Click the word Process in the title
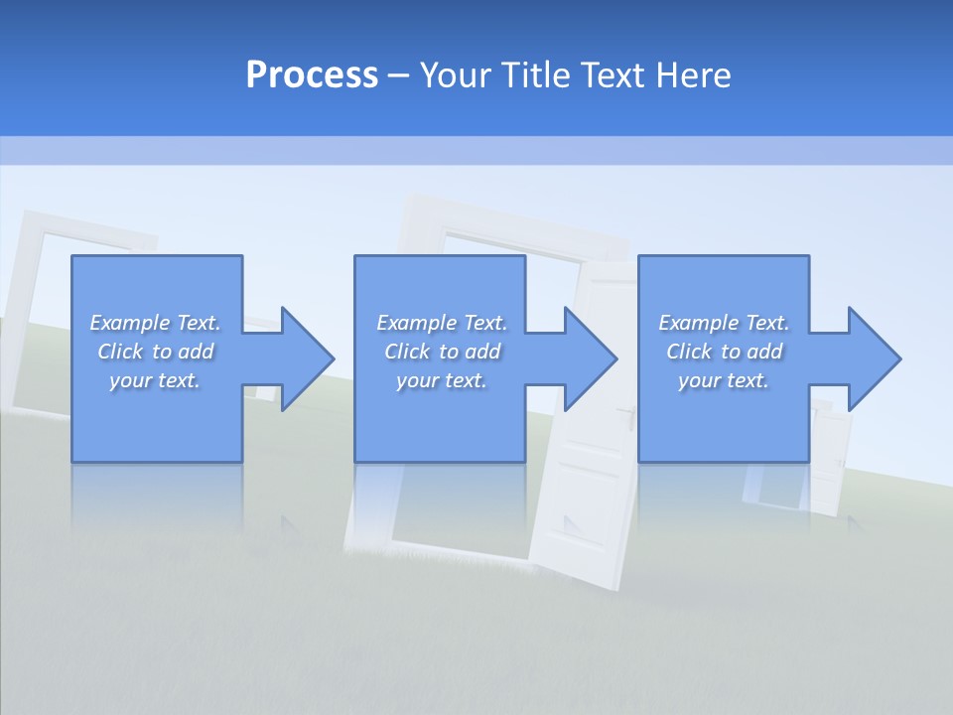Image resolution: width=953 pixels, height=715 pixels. tap(312, 75)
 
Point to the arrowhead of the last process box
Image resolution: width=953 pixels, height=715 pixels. tap(873, 358)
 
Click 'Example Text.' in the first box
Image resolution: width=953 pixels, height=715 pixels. tap(155, 323)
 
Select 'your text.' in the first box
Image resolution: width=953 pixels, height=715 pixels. tap(155, 380)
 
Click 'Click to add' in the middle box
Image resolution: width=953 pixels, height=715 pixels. tap(442, 352)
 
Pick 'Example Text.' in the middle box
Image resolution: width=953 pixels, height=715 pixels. tap(442, 323)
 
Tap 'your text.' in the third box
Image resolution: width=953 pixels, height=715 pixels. tap(723, 380)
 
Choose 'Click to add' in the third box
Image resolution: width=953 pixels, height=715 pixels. tap(724, 352)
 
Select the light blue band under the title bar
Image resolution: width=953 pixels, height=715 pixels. tap(476, 150)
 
